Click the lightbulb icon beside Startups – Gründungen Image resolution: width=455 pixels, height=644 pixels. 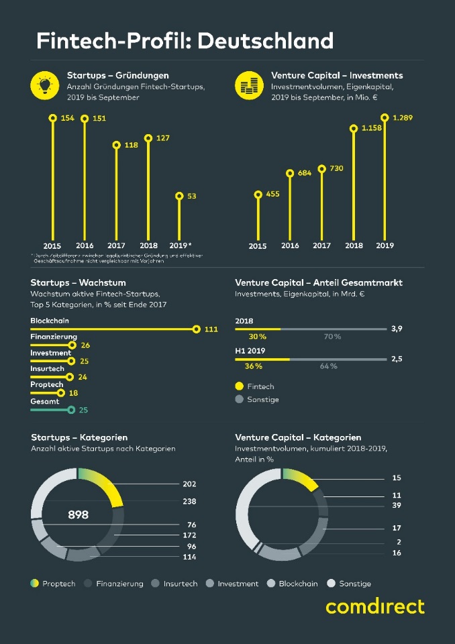44,85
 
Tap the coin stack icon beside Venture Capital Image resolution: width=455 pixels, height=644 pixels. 248,85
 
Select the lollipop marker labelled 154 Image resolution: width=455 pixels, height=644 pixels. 52,118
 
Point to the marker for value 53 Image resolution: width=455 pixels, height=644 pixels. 179,196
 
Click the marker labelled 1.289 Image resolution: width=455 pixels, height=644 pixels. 385,118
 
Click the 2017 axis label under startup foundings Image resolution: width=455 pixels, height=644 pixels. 116,246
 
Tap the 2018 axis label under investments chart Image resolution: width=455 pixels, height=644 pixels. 354,246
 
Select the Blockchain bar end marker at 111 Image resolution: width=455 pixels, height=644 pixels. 196,329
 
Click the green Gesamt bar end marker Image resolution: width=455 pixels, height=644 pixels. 70,409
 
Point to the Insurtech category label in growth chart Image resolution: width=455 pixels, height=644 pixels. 47,369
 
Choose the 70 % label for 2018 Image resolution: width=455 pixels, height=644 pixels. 332,336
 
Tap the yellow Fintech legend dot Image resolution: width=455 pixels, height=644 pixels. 240,386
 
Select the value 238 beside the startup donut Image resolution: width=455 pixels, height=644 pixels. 189,500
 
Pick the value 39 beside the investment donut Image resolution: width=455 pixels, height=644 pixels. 396,506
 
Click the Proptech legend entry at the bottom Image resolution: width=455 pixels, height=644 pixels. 52,584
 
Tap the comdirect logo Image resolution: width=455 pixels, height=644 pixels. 375,606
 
